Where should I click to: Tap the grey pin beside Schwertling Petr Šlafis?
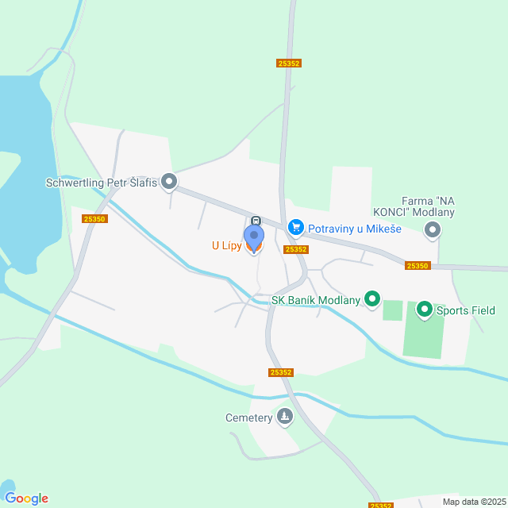(x=169, y=183)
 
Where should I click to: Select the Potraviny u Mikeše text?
(x=354, y=229)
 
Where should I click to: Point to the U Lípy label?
(x=225, y=246)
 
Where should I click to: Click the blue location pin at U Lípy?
(x=253, y=237)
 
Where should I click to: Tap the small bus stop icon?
(x=256, y=220)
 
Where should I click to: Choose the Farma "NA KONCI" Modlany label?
(x=414, y=206)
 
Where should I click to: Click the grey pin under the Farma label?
(x=433, y=230)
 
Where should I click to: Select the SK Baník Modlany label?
(x=316, y=300)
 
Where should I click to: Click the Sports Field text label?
(x=466, y=310)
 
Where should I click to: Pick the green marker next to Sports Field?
(x=424, y=310)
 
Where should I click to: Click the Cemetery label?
(x=248, y=417)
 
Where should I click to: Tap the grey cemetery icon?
(x=284, y=417)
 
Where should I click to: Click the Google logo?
(x=26, y=498)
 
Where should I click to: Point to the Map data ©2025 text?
(x=473, y=502)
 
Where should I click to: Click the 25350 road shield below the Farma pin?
(x=417, y=266)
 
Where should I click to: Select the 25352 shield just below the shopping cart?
(x=295, y=249)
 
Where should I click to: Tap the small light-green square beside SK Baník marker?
(x=392, y=310)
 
